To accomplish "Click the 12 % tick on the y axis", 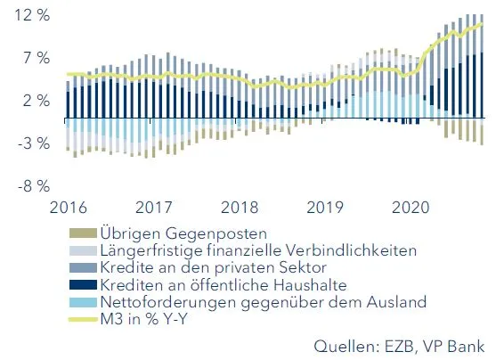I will point(28,17).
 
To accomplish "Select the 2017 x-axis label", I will point(153,208).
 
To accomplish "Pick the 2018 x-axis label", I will point(240,208).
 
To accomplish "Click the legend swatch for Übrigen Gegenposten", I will point(82,234).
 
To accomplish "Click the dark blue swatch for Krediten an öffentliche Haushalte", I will point(82,285).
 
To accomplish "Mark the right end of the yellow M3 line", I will point(483,24).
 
